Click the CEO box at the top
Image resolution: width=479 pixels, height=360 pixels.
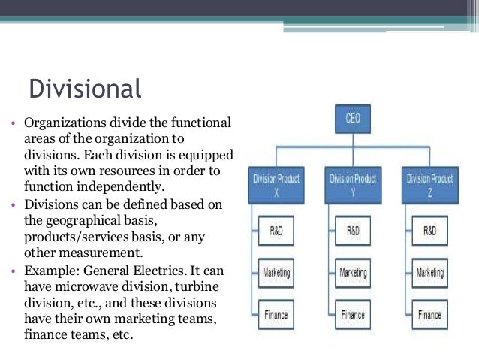pyautogui.click(x=352, y=120)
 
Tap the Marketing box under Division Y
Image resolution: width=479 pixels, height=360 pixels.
pyautogui.click(x=354, y=272)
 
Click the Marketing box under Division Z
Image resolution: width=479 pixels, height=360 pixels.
pyautogui.click(x=430, y=272)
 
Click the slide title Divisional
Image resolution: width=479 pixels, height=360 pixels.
pyautogui.click(x=85, y=89)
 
